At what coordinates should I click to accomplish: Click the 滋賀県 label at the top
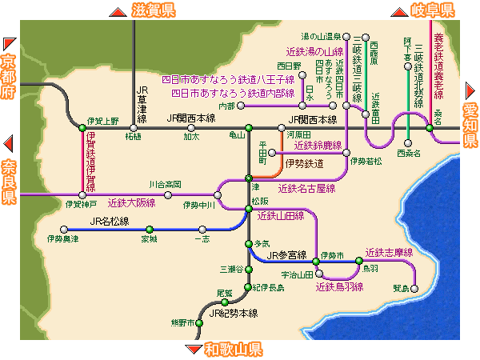[x=154, y=10]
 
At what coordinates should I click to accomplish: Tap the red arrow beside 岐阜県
[x=397, y=10]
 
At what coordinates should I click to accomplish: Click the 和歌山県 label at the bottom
[x=233, y=350]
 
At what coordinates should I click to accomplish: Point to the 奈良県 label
[x=9, y=182]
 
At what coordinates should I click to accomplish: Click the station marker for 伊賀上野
[x=82, y=128]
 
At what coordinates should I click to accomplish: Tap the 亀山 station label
[x=238, y=136]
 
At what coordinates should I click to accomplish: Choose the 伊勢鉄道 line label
[x=304, y=163]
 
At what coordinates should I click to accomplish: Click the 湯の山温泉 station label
[x=321, y=36]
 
